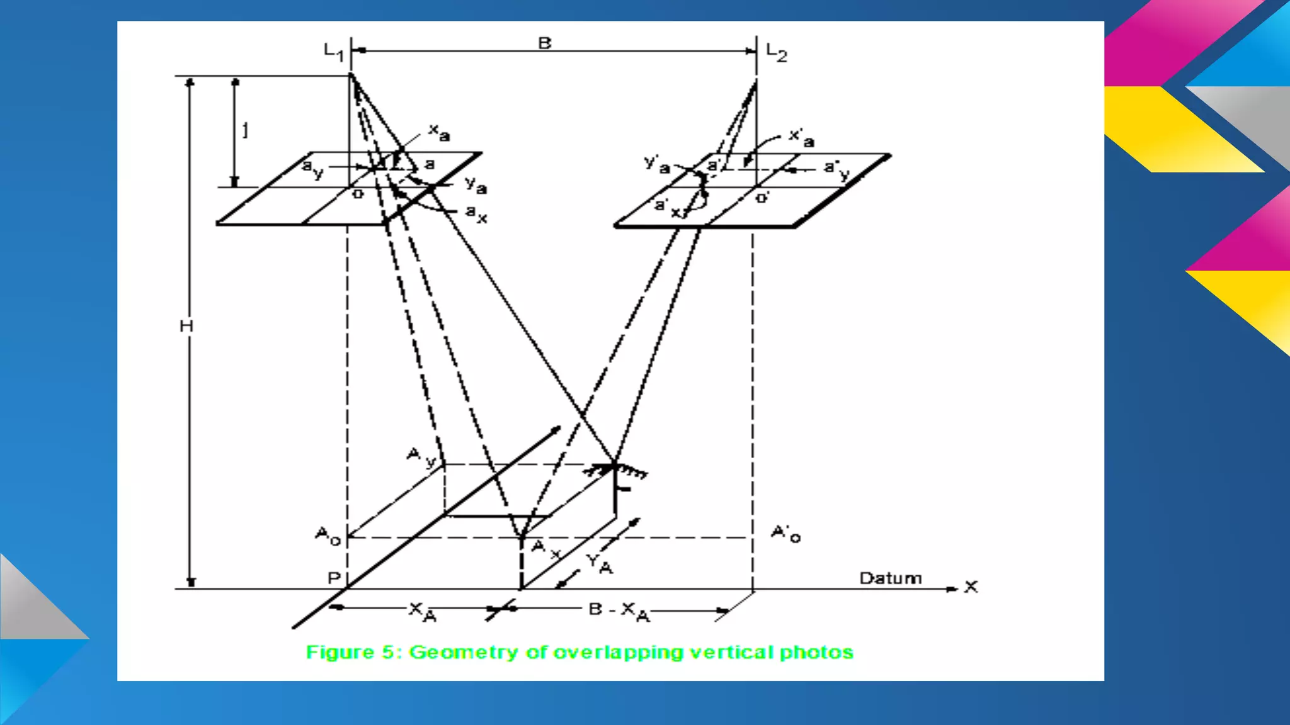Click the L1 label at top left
coord(333,52)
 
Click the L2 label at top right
coord(776,52)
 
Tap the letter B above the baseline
coord(545,43)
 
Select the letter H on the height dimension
coord(186,326)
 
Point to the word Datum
coord(890,578)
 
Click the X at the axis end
coord(971,587)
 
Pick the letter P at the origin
coord(334,578)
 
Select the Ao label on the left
coord(328,536)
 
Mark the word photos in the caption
coord(816,653)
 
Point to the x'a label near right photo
coord(801,137)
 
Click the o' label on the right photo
coord(762,198)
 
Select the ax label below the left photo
coord(476,214)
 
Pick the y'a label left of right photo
coord(656,164)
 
